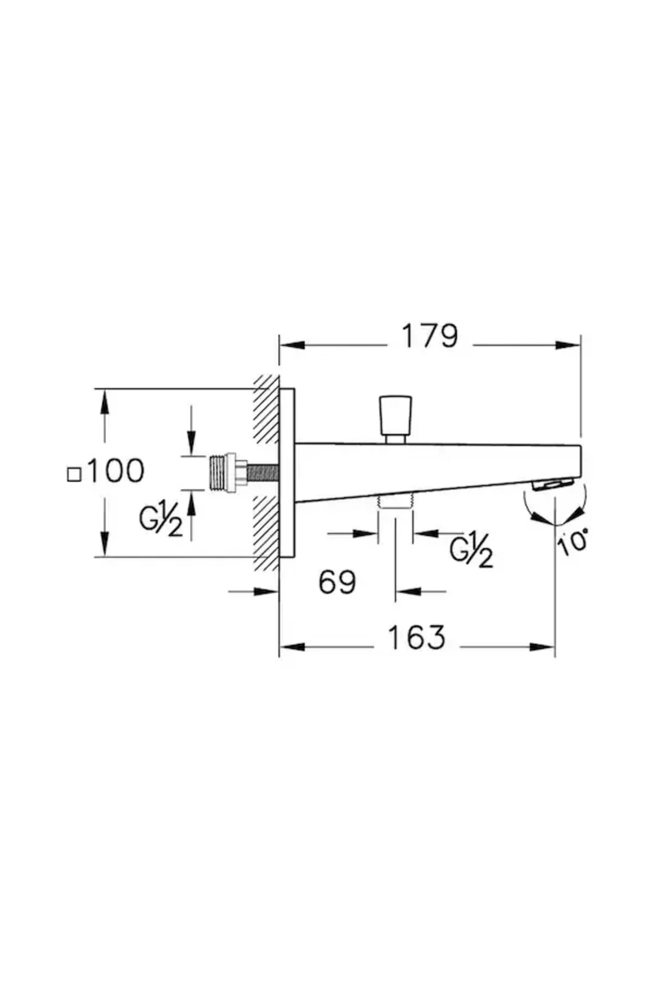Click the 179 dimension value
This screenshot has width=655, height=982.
[430, 337]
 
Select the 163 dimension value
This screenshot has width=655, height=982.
[416, 637]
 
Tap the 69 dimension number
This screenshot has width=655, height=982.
[337, 582]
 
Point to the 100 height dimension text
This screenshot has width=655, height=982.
[115, 471]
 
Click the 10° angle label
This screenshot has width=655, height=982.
[573, 542]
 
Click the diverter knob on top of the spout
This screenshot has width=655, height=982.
[395, 413]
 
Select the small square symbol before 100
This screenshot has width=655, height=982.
[74, 475]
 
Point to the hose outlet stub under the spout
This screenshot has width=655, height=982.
[395, 501]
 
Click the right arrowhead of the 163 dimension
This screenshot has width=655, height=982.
[544, 647]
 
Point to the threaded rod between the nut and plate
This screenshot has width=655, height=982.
[263, 472]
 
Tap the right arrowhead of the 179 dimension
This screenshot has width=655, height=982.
[569, 345]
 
